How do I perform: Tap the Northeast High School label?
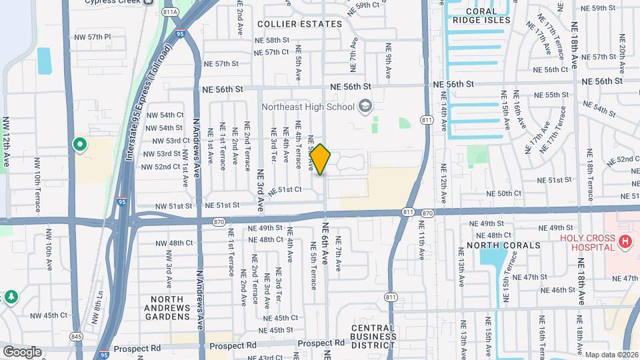[x=307, y=106]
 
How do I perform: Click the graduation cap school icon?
[x=365, y=106]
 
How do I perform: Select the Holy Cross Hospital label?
[x=586, y=243]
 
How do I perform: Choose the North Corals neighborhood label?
[x=503, y=245]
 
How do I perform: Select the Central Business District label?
[x=374, y=336]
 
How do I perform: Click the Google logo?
[x=22, y=351]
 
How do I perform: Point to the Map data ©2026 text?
[x=612, y=355]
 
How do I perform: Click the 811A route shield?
[x=170, y=11]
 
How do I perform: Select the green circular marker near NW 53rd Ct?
[x=79, y=144]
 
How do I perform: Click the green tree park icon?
[x=11, y=296]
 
